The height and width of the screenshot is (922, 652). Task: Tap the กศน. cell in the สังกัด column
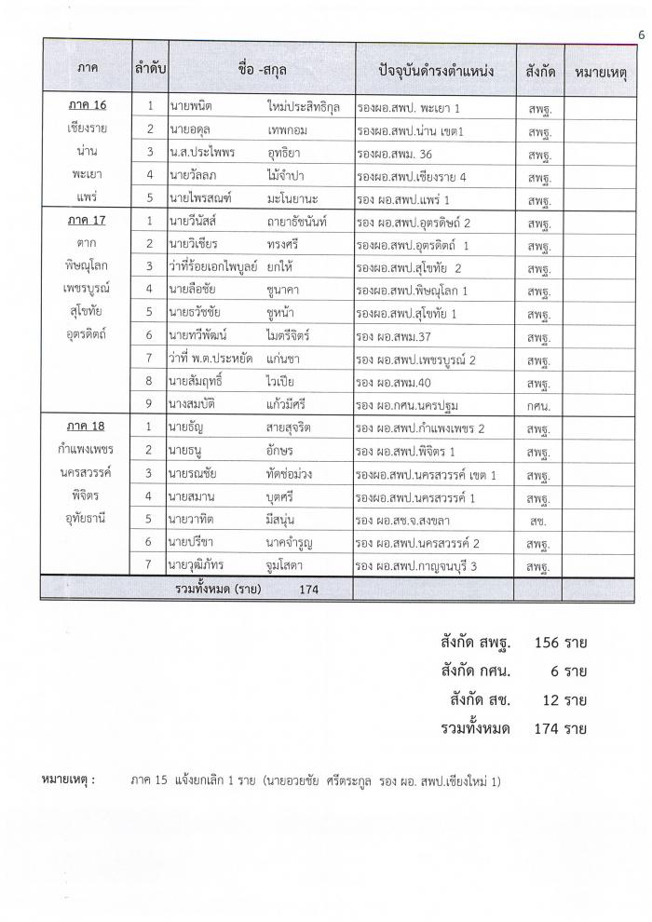(x=539, y=405)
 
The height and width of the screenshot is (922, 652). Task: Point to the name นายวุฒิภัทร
(x=201, y=564)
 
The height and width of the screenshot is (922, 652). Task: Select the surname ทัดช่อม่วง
(x=301, y=473)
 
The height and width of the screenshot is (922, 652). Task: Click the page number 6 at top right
(x=642, y=35)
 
